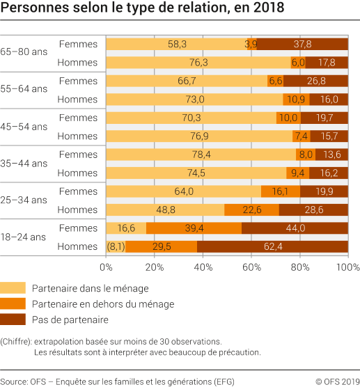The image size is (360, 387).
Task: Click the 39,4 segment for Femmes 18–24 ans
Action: [194, 228]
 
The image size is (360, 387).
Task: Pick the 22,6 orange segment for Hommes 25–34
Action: [251, 210]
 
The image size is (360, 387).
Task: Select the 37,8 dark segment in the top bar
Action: [302, 44]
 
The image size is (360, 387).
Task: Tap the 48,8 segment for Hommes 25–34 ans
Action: [165, 210]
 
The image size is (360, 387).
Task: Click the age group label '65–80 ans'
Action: [24, 52]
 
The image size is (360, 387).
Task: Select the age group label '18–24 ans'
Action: [24, 237]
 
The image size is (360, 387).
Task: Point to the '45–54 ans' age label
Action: [24, 127]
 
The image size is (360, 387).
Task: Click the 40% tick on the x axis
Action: [203, 267]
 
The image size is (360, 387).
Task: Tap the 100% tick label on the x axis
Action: [347, 267]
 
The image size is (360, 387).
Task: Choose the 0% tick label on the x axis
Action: [106, 267]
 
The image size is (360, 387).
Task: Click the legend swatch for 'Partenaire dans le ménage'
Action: [13, 287]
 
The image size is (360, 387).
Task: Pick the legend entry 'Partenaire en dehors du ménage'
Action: [102, 303]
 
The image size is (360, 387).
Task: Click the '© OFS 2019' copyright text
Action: [337, 380]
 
